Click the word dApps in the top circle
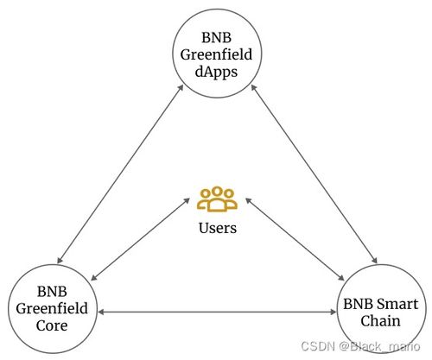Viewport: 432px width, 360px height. tap(216, 73)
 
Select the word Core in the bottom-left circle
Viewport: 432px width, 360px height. tap(52, 325)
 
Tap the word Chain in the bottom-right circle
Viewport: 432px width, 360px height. tap(380, 320)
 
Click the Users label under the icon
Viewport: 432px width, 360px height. tap(218, 228)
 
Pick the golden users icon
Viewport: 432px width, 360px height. tap(217, 199)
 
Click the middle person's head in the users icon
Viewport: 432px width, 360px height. tap(217, 192)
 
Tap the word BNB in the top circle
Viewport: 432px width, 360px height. tap(216, 37)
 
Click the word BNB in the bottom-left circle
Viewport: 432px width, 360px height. tap(52, 291)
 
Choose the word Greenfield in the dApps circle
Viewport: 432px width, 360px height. tap(216, 54)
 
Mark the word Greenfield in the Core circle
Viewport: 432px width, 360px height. tap(52, 308)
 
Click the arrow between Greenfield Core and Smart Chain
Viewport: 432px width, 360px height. tap(217, 312)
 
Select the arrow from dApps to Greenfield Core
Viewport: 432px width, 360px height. tap(120, 174)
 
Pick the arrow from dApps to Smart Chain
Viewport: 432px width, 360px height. tap(314, 174)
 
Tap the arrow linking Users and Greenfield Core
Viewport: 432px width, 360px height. tap(140, 239)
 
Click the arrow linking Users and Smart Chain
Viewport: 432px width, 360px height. tap(295, 239)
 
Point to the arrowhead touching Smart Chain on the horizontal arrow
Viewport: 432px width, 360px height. tap(334, 312)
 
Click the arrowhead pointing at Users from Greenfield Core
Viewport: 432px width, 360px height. tap(187, 200)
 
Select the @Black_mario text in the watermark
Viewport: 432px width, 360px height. tap(379, 346)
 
